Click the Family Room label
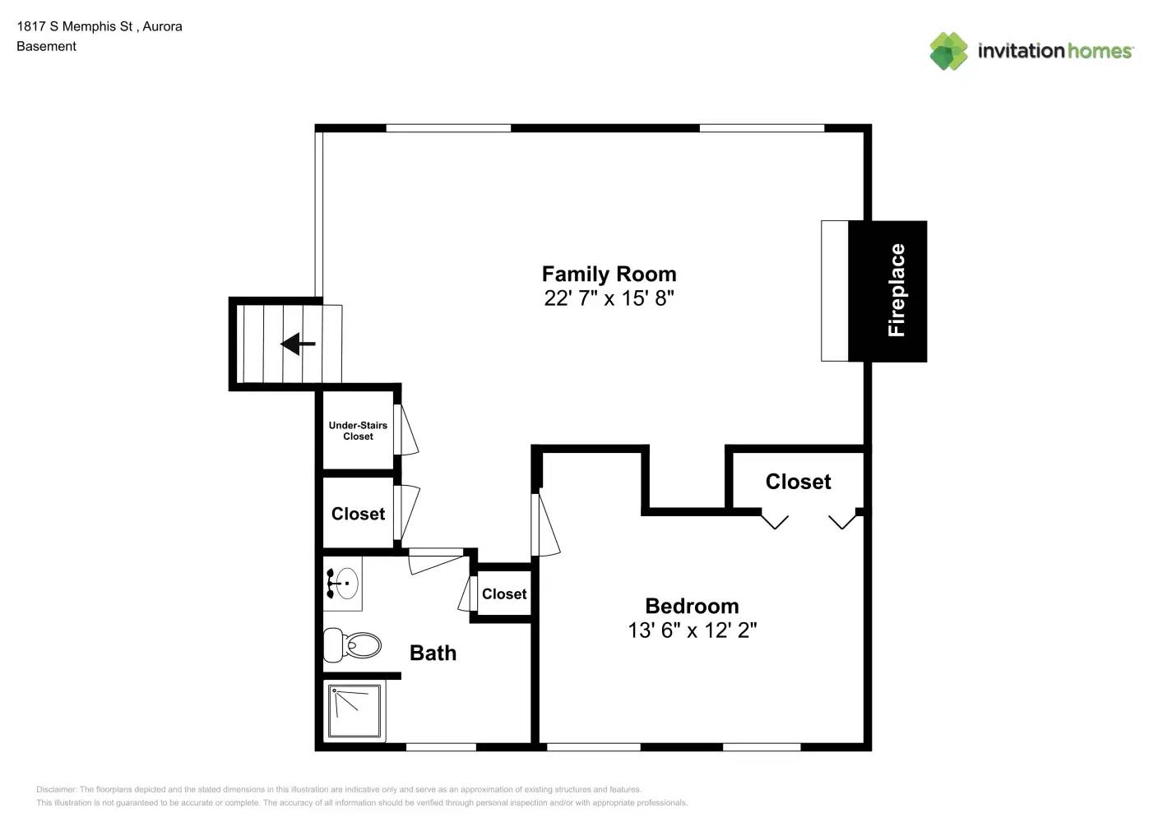click(x=609, y=274)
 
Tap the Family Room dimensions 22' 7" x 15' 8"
click(x=609, y=298)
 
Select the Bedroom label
click(x=692, y=606)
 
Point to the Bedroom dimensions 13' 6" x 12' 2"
click(x=692, y=630)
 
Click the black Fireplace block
click(x=887, y=291)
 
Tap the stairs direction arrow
click(x=298, y=344)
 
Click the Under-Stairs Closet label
click(x=359, y=431)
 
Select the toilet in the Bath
click(x=352, y=645)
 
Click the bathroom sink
click(x=343, y=584)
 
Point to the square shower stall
click(x=354, y=711)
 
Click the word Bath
click(x=433, y=653)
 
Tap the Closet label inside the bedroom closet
click(x=798, y=482)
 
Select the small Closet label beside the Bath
click(x=504, y=593)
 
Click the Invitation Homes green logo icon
click(x=948, y=51)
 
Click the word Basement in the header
click(x=46, y=46)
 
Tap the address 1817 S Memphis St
click(x=75, y=26)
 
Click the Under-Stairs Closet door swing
click(x=406, y=430)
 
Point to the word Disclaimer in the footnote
click(x=56, y=789)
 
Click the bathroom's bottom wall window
click(x=441, y=747)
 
